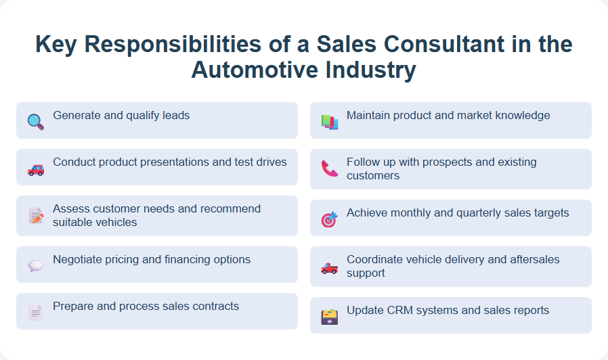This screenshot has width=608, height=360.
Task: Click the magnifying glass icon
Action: coord(35,122)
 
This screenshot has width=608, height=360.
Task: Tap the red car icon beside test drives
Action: coord(35,169)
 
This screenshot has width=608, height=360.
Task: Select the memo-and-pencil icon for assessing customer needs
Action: coord(35,216)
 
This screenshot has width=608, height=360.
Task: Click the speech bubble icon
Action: coord(35,266)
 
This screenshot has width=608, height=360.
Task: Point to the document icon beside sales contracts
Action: coord(35,312)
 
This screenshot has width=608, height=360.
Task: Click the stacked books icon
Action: coord(329,122)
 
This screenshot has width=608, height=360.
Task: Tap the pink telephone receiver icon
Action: coord(329,169)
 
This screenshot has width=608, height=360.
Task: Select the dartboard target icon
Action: coord(329,219)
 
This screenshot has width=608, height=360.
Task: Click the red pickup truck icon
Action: coord(329,267)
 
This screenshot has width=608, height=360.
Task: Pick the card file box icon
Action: coord(329,317)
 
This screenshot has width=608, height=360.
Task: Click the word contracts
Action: coord(217,307)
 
